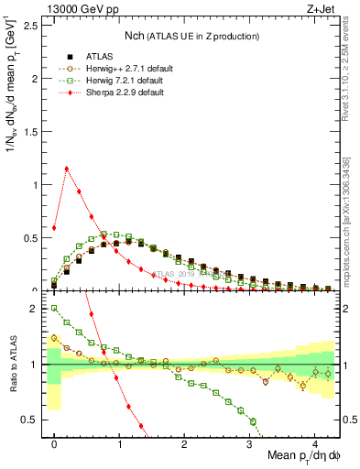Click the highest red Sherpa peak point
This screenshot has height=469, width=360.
click(x=67, y=169)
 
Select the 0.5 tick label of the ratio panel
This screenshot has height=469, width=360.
click(x=33, y=420)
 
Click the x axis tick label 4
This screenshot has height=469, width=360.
click(x=315, y=443)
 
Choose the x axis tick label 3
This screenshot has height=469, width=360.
click(x=250, y=443)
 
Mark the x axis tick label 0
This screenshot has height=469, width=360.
click(x=54, y=443)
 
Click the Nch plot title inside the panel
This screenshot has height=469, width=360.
click(x=192, y=37)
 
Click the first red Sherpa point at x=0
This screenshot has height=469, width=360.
click(x=54, y=228)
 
